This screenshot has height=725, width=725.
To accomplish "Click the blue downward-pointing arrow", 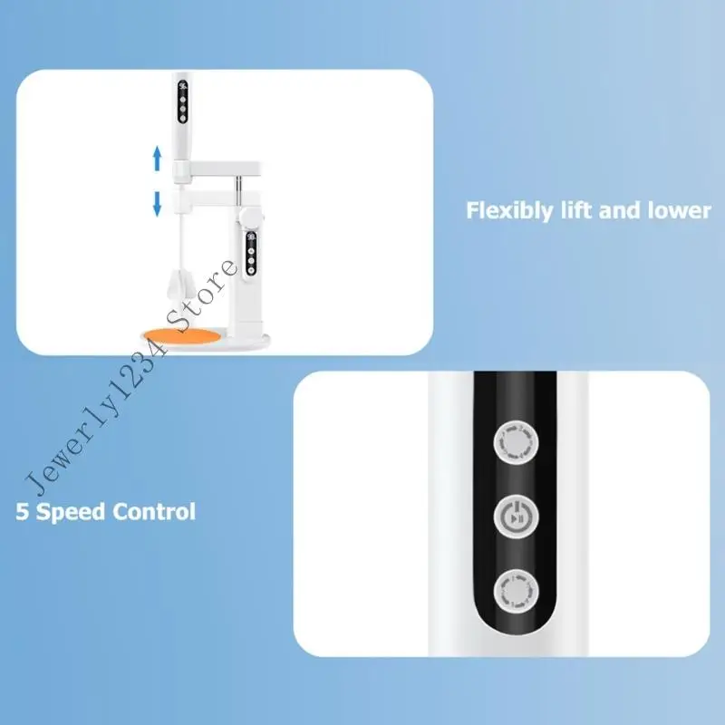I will tap(157, 202).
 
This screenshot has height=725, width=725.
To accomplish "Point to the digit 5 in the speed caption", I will tap(21, 511).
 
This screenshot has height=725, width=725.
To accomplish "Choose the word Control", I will tap(153, 511).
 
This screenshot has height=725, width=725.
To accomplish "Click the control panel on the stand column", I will tap(250, 254).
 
